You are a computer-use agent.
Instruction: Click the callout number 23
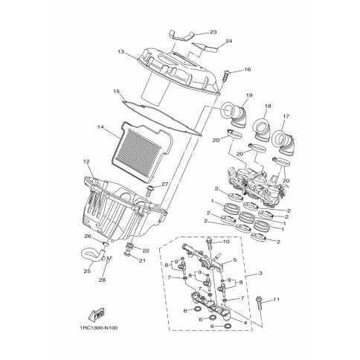click(x=213, y=32)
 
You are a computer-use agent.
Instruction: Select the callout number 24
click(x=229, y=41)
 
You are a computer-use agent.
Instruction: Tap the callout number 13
click(x=121, y=52)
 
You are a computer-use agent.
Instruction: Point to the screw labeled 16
click(x=227, y=76)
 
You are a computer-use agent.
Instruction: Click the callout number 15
click(x=117, y=91)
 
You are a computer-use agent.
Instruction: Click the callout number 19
click(x=249, y=95)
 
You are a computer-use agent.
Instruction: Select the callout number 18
click(x=268, y=106)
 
